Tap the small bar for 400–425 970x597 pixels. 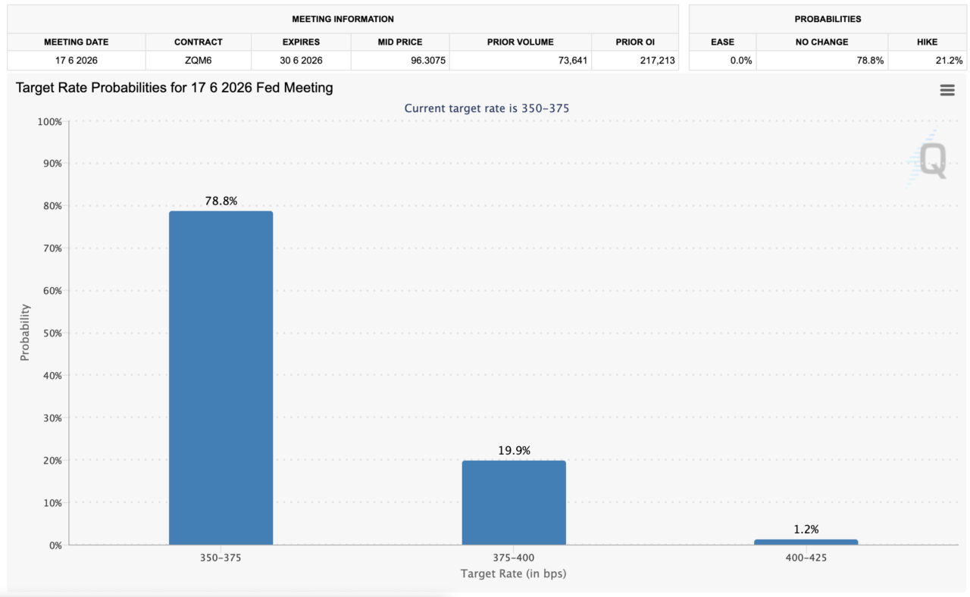point(806,542)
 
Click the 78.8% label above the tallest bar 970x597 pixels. point(221,202)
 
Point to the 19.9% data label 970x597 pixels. point(514,451)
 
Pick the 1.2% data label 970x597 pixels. point(806,530)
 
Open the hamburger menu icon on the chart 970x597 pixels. point(947,90)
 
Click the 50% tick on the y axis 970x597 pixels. point(48,333)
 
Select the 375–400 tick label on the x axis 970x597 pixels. point(514,558)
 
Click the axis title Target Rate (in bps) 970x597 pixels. point(514,574)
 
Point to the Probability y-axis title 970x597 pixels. point(25,332)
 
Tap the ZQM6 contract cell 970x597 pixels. point(198,61)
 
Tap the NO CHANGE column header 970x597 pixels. point(821,42)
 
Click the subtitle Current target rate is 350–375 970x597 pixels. point(487,108)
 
